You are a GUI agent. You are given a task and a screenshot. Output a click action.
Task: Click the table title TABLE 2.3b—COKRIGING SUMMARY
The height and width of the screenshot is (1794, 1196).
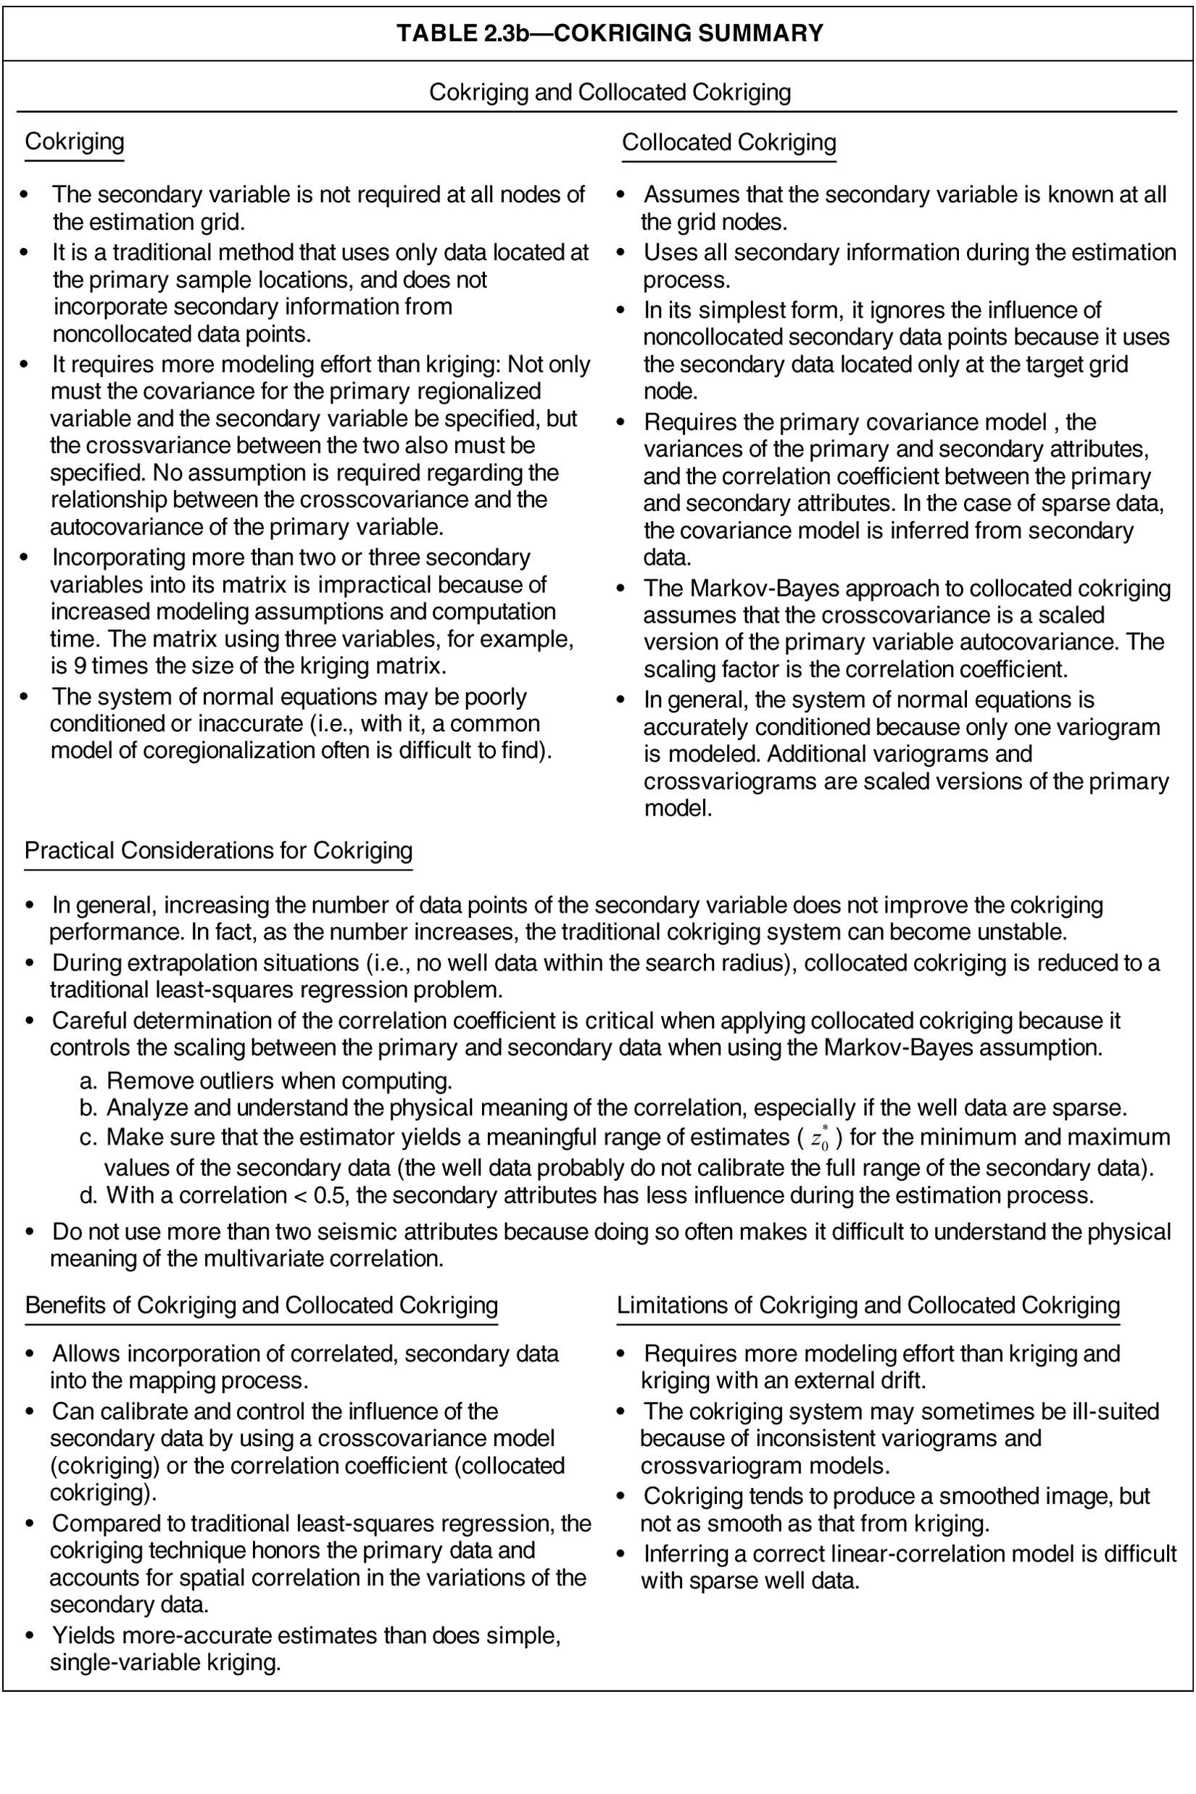tap(610, 33)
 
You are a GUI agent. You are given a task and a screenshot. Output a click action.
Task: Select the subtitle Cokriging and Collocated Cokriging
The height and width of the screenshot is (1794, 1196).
tap(610, 92)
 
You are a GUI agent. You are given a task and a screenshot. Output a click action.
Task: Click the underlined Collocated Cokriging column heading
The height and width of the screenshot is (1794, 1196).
tap(728, 143)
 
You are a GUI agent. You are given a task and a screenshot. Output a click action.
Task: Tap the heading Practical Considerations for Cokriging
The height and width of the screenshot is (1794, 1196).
tap(218, 850)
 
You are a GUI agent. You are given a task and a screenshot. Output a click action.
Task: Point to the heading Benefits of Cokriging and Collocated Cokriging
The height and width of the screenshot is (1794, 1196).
tap(261, 1305)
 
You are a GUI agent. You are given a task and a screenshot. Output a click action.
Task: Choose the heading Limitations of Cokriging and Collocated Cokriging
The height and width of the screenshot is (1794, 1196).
tap(868, 1305)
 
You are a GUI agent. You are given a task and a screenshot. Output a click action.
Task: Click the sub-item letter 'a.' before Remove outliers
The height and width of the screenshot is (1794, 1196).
tap(88, 1081)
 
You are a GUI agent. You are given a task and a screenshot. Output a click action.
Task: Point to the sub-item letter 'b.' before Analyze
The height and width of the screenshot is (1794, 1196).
tap(88, 1108)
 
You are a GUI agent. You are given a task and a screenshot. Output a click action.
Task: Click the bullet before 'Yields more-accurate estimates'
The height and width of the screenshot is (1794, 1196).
tap(30, 1635)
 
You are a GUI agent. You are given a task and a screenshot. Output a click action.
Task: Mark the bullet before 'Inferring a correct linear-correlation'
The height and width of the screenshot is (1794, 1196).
tap(621, 1554)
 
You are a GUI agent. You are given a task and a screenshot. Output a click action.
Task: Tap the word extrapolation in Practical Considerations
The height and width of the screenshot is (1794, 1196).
tap(178, 963)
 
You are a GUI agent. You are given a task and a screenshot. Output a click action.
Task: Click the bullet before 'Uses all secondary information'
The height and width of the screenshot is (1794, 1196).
tap(621, 252)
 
